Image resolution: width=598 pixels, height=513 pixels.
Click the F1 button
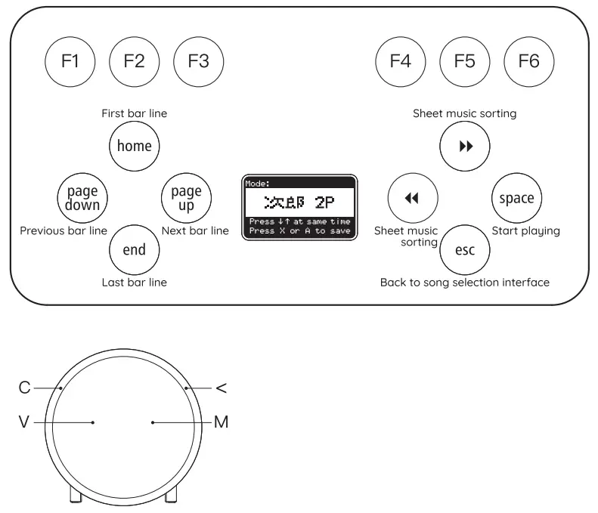pyautogui.click(x=70, y=62)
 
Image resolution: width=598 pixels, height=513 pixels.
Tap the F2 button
pyautogui.click(x=135, y=62)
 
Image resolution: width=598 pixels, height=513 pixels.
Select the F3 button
pyautogui.click(x=199, y=62)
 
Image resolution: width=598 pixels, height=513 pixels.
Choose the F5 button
pyautogui.click(x=465, y=62)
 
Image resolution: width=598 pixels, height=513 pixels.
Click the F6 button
pyautogui.click(x=529, y=62)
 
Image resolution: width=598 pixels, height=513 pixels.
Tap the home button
pyautogui.click(x=135, y=146)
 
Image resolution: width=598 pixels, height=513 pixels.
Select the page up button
pyautogui.click(x=186, y=199)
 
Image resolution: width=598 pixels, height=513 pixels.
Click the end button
pyautogui.click(x=135, y=250)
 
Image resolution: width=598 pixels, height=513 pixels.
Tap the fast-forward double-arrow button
pyautogui.click(x=465, y=146)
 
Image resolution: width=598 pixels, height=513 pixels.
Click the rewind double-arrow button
pyautogui.click(x=412, y=199)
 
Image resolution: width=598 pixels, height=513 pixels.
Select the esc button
pyautogui.click(x=465, y=250)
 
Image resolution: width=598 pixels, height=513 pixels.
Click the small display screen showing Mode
pyautogui.click(x=299, y=208)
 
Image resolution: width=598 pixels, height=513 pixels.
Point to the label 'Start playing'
pyautogui.click(x=525, y=230)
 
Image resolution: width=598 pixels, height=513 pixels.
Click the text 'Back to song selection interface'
pyautogui.click(x=464, y=283)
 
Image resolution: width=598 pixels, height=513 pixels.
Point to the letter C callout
pyautogui.click(x=24, y=388)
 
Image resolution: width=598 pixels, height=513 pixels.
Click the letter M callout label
pyautogui.click(x=222, y=422)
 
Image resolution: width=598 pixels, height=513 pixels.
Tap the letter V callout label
pyautogui.click(x=24, y=422)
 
